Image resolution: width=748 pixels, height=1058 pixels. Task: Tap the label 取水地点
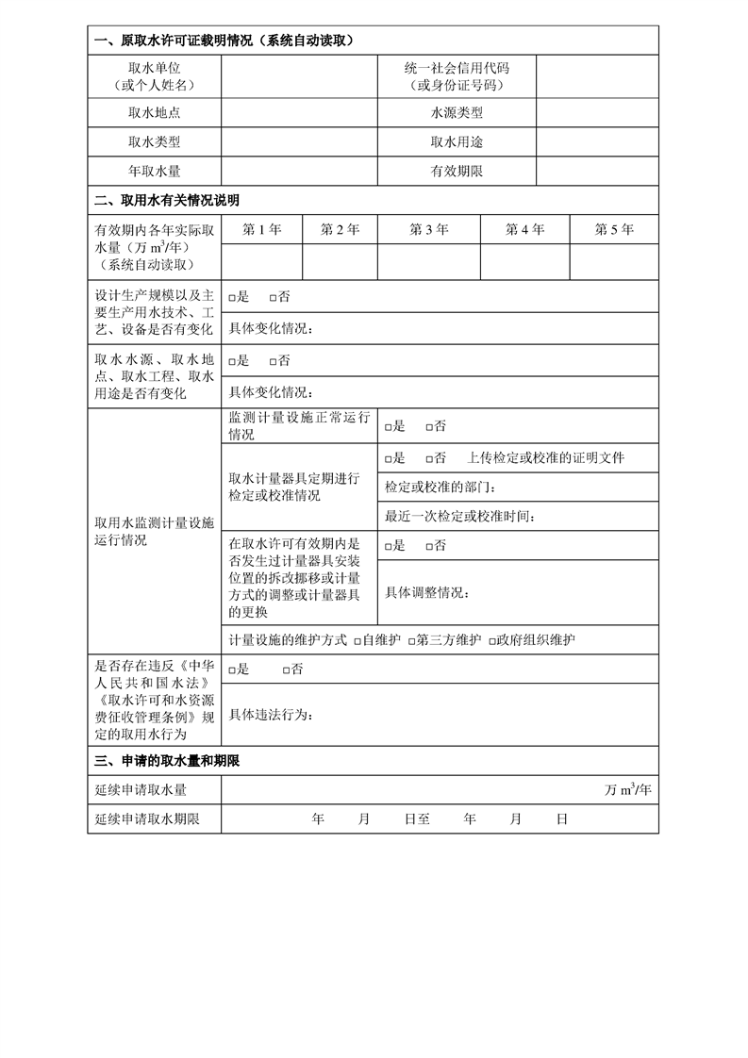(x=154, y=113)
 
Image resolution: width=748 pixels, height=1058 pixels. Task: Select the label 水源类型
(x=457, y=113)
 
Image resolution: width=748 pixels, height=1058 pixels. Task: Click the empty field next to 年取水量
(x=299, y=172)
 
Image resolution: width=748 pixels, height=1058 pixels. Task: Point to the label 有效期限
(x=457, y=172)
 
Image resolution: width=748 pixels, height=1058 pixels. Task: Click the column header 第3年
(x=429, y=229)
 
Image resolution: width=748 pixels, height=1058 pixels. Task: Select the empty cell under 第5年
(x=614, y=262)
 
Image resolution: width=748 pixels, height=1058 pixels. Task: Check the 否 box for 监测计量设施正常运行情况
(x=429, y=427)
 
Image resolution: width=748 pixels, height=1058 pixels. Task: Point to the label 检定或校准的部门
(x=439, y=488)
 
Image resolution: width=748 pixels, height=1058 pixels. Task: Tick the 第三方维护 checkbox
(x=413, y=640)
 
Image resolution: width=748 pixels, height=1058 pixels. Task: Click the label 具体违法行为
(x=270, y=714)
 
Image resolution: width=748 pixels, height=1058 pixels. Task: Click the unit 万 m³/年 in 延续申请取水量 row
(x=627, y=790)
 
